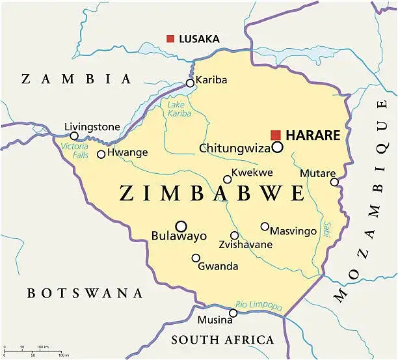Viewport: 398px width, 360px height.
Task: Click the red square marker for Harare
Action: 276,135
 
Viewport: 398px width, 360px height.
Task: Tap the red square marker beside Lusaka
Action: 170,39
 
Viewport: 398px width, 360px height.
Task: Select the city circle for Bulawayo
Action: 181,226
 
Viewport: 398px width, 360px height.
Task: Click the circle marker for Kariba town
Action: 190,83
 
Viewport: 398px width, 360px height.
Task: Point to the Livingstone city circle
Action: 74,136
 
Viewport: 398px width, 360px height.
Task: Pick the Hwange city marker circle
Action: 101,154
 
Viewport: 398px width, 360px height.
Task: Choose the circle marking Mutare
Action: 334,182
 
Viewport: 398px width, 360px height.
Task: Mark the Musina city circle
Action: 233,313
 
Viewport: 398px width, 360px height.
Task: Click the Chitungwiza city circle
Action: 278,147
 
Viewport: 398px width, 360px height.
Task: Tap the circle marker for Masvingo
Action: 265,227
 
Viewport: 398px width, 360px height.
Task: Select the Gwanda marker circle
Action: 196,258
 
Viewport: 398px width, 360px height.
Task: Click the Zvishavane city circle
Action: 234,236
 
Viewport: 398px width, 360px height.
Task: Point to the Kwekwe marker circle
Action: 227,180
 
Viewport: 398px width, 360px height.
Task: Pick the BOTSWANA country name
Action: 85,293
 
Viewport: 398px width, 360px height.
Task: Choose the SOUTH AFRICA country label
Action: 222,340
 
